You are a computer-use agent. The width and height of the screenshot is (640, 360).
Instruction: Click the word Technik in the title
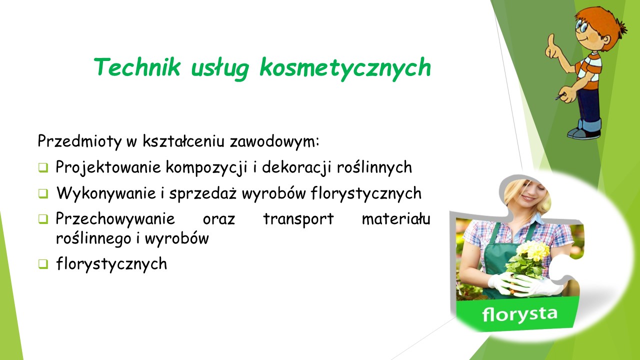pos(137,67)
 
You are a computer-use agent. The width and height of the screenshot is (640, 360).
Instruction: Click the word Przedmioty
pos(79,141)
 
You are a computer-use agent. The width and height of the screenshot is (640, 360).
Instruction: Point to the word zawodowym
pos(274,141)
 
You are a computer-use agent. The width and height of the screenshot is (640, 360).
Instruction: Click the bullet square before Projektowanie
pos(43,167)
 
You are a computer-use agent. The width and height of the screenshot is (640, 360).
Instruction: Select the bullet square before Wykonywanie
pos(43,193)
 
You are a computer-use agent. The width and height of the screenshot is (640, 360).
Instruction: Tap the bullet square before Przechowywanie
pos(43,219)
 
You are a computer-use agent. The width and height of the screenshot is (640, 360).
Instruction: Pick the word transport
pos(298,219)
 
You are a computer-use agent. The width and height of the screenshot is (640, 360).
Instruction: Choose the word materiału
pos(396,219)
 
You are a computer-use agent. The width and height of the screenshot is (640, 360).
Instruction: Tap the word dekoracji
pos(296,167)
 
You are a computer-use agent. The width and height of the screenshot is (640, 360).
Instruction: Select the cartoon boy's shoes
pos(583,133)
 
